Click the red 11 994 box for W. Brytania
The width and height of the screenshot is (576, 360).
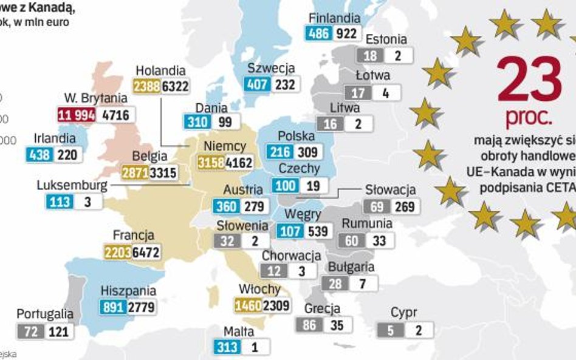[77, 114]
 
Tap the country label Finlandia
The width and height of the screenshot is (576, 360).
[334, 18]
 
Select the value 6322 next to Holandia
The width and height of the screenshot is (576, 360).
[174, 87]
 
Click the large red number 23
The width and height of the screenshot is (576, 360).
[529, 80]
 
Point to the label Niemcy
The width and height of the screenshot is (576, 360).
[225, 146]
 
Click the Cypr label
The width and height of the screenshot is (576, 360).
[404, 313]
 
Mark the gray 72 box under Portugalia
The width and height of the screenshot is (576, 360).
[29, 331]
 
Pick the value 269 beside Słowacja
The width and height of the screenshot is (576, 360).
[404, 206]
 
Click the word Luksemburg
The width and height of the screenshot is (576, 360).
[72, 185]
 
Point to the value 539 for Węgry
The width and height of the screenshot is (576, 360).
[318, 231]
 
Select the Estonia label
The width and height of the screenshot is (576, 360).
[386, 39]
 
